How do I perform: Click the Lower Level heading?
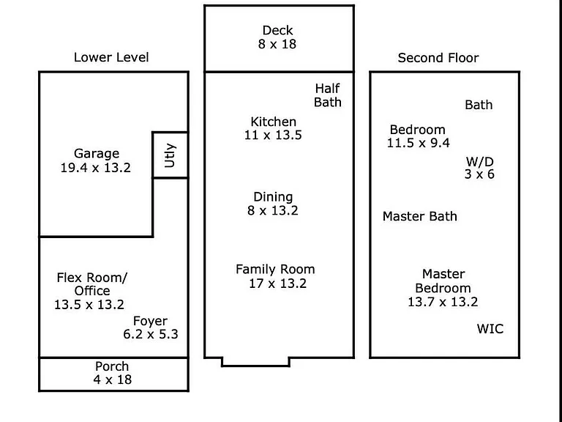[111, 57]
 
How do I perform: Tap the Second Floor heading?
[438, 58]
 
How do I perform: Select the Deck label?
[277, 30]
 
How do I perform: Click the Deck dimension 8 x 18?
[277, 44]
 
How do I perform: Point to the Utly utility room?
[170, 155]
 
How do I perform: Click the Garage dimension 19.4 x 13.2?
[95, 168]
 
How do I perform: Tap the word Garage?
[97, 154]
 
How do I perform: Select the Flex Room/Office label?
[91, 284]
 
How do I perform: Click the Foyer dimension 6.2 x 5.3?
[151, 334]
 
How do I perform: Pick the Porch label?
[112, 366]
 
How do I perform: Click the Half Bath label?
[328, 95]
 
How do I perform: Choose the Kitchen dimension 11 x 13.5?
[273, 135]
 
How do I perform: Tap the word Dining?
[273, 197]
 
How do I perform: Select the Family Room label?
[275, 269]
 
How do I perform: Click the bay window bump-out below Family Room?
[255, 366]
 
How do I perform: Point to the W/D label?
[479, 161]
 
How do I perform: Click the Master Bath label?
[420, 216]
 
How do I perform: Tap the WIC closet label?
[490, 329]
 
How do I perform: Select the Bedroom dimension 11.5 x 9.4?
[418, 143]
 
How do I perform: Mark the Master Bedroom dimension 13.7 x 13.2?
[443, 302]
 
